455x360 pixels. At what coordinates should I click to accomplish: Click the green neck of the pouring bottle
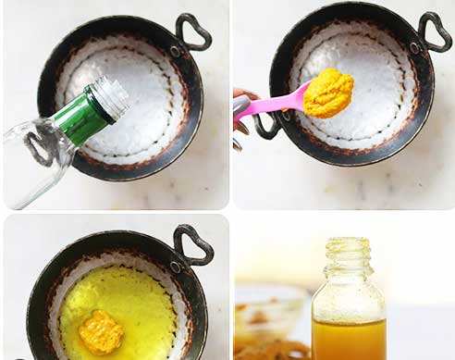click(89, 114)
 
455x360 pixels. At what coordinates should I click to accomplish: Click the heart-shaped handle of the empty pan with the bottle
click(192, 32)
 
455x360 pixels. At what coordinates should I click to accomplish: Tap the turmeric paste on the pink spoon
click(329, 93)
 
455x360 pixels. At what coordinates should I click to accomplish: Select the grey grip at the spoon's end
click(241, 108)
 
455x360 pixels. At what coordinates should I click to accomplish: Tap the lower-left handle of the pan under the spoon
click(266, 126)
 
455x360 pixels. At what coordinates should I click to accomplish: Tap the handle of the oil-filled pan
click(193, 244)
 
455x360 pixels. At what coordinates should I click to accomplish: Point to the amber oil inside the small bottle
click(348, 339)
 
